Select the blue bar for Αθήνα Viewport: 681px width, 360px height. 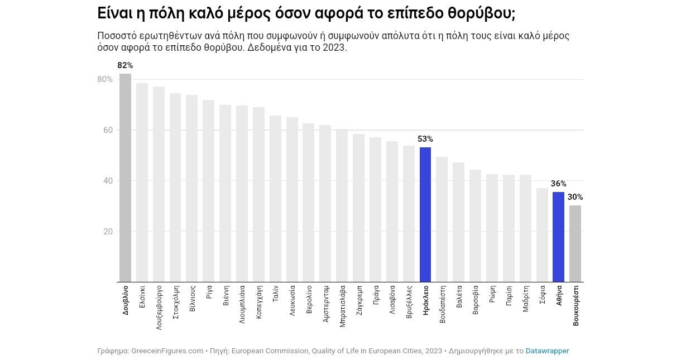558,237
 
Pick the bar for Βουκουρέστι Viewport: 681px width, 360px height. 575,244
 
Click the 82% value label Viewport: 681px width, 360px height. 125,65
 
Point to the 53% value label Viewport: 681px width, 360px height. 425,139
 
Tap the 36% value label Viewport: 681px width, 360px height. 558,184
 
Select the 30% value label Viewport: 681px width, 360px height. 575,197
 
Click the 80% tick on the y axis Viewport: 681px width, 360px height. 105,79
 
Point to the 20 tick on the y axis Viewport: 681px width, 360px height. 108,232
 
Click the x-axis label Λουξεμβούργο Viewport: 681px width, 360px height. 159,308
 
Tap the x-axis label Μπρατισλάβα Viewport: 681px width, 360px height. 342,306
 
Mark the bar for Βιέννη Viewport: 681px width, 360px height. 225,194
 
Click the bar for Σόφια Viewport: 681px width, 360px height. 542,235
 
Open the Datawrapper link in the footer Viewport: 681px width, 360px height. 547,351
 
